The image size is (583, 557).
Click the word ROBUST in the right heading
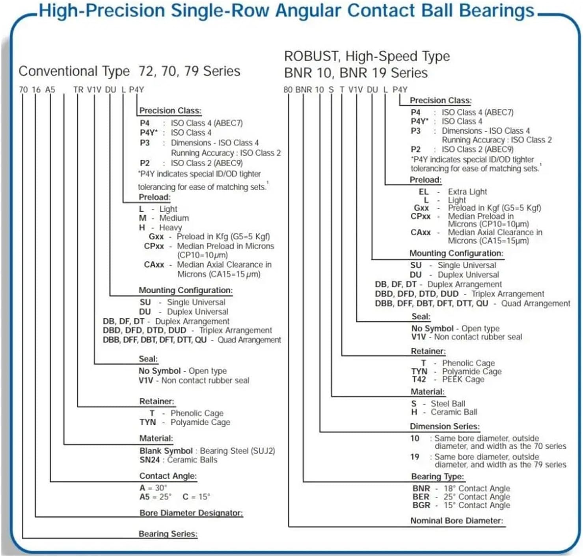311,56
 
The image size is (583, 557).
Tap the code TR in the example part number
78,90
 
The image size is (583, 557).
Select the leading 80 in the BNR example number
288,90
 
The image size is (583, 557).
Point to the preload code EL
423,192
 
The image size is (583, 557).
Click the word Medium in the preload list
174,218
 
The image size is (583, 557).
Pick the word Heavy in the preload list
170,228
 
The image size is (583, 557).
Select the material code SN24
149,460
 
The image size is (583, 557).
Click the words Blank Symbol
166,451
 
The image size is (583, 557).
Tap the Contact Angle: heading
168,476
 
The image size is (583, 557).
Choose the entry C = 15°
196,497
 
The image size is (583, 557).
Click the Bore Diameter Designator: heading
191,513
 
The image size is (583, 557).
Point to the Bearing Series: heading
168,534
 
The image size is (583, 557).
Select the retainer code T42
419,380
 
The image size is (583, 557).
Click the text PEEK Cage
463,380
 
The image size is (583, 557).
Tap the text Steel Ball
448,404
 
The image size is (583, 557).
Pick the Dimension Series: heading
445,427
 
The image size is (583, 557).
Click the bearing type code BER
421,497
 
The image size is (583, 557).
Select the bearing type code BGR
421,505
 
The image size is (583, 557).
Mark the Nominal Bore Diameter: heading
457,521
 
